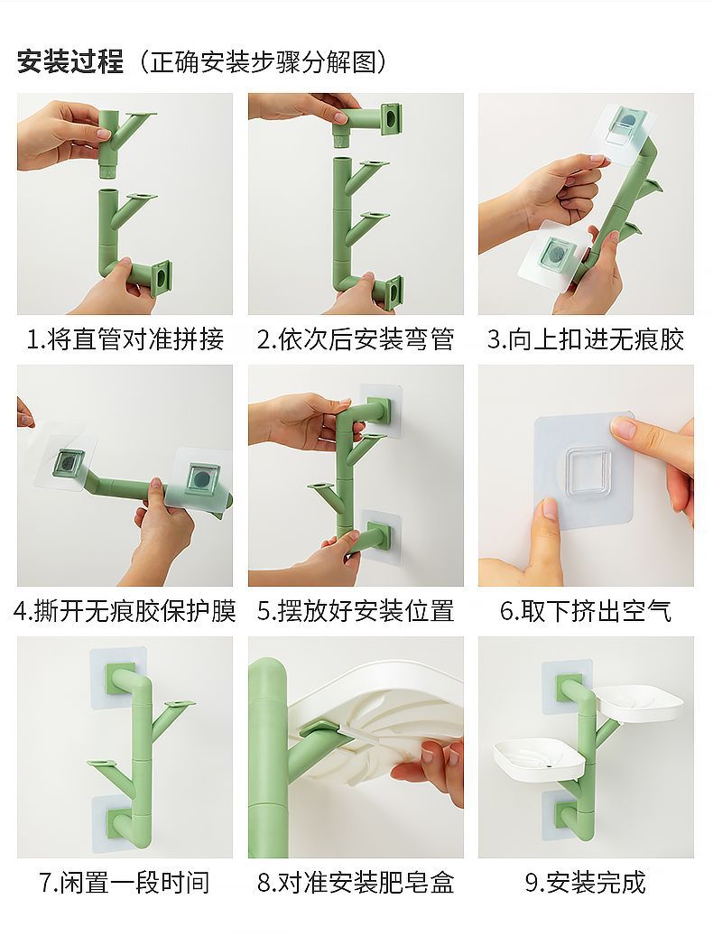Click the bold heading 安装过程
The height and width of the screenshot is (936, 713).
70,61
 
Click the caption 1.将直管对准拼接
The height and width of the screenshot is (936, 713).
125,339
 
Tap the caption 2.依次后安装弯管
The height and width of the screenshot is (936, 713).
356,339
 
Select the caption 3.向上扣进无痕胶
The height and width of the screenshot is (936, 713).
586,339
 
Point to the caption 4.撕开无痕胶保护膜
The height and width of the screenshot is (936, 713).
125,611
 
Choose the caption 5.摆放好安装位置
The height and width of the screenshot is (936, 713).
356,611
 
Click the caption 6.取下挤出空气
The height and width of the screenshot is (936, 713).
586,611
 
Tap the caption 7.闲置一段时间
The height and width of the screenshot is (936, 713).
125,882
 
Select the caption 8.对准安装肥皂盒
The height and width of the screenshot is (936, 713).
356,882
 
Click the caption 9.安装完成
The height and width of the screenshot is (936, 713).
586,882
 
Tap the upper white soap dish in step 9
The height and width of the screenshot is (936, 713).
640,702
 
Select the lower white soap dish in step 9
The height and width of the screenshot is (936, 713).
538,758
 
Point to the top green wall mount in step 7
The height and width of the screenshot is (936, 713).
119,678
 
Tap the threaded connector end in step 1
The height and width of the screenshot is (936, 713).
107,170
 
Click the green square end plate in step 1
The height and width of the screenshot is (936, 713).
162,279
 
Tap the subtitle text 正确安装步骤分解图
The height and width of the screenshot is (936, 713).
264,61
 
